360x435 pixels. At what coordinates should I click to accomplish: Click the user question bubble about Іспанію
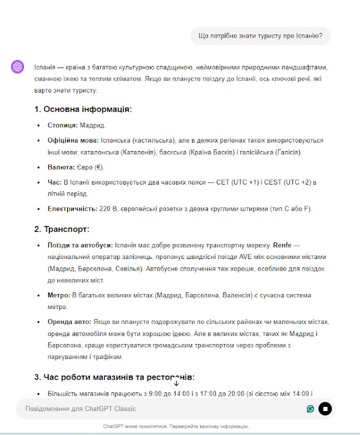(261, 36)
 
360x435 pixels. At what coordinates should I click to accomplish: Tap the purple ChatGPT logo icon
(18, 66)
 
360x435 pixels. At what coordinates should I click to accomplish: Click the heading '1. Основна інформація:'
(83, 109)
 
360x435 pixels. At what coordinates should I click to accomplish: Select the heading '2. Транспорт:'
(62, 229)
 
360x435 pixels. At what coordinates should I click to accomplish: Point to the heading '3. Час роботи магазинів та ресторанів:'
(114, 377)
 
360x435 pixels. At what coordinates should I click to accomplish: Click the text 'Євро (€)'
(92, 167)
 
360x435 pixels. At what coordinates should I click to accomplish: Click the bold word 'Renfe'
(283, 245)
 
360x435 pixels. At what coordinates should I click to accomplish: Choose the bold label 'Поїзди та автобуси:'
(80, 245)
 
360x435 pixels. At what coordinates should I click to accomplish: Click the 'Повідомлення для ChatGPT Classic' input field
(160, 408)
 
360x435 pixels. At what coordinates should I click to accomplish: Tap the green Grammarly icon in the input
(311, 408)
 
